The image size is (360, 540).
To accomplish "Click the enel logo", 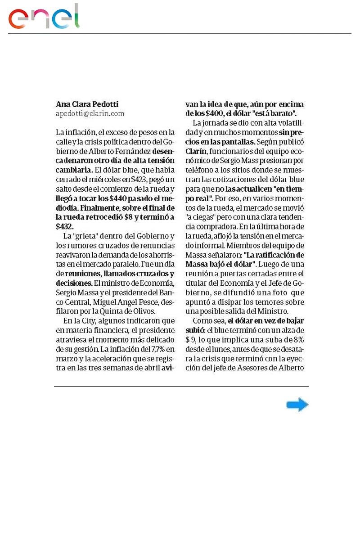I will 44,17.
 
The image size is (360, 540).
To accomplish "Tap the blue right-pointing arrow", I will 297,405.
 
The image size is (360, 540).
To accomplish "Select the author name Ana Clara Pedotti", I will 87,104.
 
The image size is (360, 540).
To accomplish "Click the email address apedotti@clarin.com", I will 90,114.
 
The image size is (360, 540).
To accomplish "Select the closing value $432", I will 64,227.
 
